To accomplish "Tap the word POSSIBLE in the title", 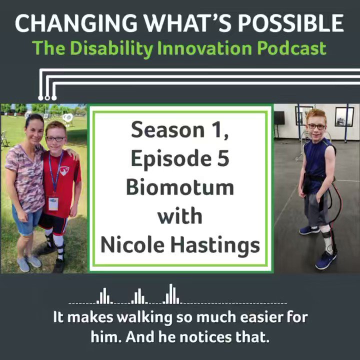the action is click(x=290, y=23).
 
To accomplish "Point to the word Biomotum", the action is click(x=180, y=187).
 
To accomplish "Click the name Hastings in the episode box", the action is click(x=215, y=245).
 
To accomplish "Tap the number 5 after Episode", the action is click(x=223, y=158).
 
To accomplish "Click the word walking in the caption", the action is click(x=144, y=317).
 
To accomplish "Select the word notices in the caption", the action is click(x=205, y=337).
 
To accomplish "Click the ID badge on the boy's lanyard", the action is click(x=53, y=203).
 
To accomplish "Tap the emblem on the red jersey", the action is click(x=64, y=171).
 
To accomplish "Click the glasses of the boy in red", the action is click(x=55, y=139).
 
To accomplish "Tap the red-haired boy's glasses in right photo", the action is click(x=317, y=126).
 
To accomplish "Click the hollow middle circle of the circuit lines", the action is click(x=47, y=98).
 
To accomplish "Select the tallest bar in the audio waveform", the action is click(x=171, y=294).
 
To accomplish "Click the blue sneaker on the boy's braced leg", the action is click(x=326, y=260).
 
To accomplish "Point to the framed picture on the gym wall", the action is click(x=344, y=117).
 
